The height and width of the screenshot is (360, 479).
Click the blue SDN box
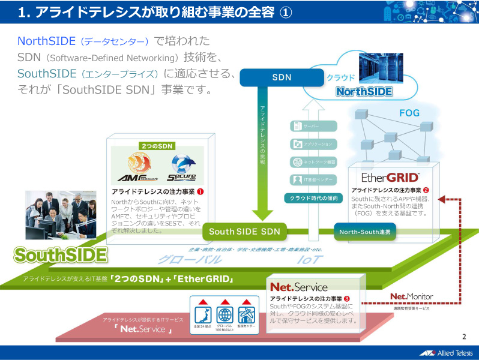coord(281,77)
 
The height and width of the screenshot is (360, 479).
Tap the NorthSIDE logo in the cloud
coord(364,92)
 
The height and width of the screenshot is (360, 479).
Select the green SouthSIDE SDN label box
coord(245,232)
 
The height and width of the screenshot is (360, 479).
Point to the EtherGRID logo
coord(391,178)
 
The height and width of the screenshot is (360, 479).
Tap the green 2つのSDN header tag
coord(157,146)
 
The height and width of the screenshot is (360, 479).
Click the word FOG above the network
coord(409,113)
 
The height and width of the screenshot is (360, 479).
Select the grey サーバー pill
coord(313,126)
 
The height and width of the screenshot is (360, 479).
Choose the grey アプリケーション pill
coord(313,144)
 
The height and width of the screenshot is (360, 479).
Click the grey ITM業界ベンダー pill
coord(313,180)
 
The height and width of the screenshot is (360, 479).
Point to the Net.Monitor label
coord(411,296)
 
